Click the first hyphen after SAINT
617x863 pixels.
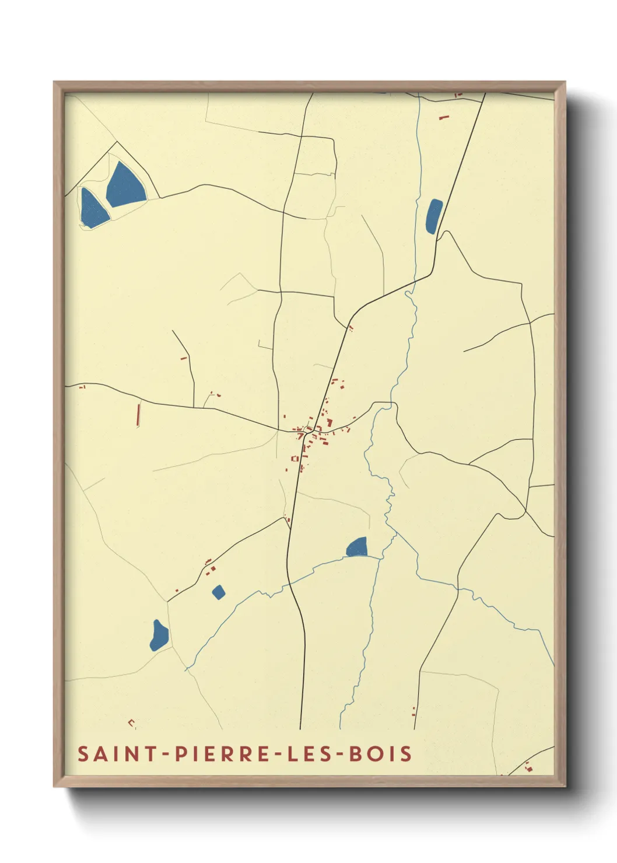[166, 754]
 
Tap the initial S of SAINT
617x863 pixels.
[83, 753]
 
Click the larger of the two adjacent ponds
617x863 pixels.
[125, 185]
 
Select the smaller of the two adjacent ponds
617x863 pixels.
[93, 208]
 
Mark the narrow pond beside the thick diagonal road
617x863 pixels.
[434, 216]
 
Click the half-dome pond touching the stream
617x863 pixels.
[357, 548]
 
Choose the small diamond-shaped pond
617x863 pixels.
[218, 592]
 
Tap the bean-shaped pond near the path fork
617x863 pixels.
[159, 636]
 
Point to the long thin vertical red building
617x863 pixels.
[138, 415]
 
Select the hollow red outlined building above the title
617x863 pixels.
[132, 724]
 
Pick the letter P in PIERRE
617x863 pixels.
[181, 753]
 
